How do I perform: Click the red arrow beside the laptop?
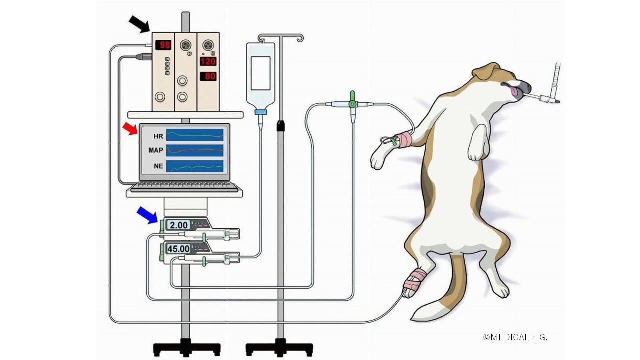pos(130,129)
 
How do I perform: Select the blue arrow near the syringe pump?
pos(147,215)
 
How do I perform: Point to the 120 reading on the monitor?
pos(208,61)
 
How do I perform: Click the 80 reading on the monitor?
pos(208,77)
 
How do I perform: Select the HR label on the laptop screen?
pos(158,136)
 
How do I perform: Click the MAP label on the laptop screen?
pos(156,150)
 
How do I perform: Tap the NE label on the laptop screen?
pos(158,166)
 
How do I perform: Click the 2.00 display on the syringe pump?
pos(179,225)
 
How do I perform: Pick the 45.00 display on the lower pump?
pos(178,249)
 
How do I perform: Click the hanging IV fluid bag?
pos(260,75)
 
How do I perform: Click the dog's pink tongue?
pos(514,91)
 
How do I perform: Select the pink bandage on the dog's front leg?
pos(404,140)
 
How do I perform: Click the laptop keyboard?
pos(184,186)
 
